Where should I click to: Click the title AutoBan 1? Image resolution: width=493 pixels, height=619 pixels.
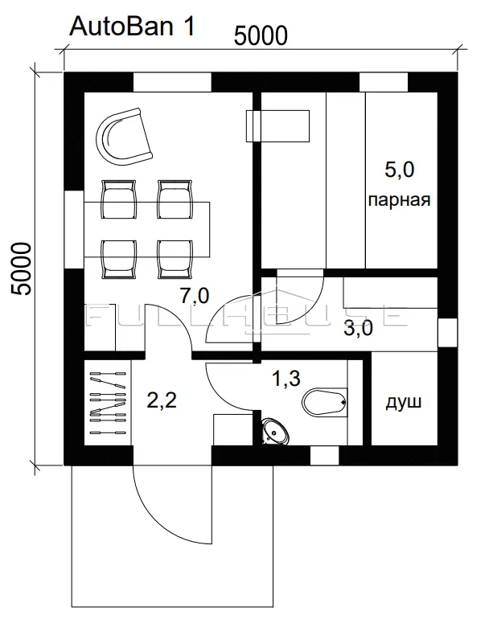[x=132, y=27]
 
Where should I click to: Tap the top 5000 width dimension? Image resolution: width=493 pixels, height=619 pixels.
[x=261, y=36]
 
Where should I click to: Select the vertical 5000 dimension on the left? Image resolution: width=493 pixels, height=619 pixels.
[x=21, y=269]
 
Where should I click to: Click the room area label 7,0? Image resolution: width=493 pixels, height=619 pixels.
[x=195, y=296]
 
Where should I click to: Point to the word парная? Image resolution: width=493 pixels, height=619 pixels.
[x=399, y=199]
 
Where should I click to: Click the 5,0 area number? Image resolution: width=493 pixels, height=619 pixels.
[x=400, y=170]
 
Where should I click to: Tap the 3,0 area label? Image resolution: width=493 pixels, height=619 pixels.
[x=358, y=328]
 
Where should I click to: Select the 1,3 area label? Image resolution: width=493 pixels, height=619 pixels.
[x=286, y=378]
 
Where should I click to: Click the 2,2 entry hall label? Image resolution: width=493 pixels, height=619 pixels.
[x=162, y=400]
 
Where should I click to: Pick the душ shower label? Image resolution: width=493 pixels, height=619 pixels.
[x=404, y=402]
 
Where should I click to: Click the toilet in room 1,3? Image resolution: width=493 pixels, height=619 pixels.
[x=325, y=402]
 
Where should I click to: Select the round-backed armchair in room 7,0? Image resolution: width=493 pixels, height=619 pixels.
[x=124, y=137]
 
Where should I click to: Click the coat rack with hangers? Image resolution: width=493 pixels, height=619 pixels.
[x=108, y=403]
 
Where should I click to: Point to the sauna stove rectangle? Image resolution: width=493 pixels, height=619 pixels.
[x=277, y=126]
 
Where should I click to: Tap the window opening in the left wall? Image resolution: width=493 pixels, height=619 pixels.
[x=74, y=230]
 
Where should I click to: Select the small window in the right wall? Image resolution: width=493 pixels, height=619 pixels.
[x=448, y=333]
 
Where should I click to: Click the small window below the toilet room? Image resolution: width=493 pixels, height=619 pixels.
[x=324, y=456]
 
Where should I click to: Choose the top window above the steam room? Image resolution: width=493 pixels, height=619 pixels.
[x=383, y=82]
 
